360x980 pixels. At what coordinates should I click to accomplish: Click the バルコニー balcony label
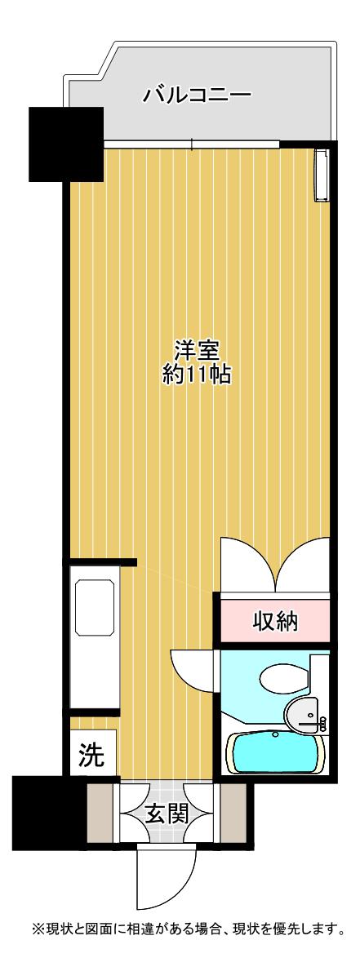pyautogui.click(x=198, y=95)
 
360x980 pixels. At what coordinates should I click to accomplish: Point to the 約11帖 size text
pyautogui.click(x=197, y=374)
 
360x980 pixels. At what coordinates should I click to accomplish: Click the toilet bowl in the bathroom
pyautogui.click(x=284, y=679)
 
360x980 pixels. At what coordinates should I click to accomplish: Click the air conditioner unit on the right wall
pyautogui.click(x=322, y=175)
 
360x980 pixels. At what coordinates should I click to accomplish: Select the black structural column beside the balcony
pyautogui.click(x=66, y=144)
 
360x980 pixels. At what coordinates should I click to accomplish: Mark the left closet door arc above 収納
pyautogui.click(x=247, y=564)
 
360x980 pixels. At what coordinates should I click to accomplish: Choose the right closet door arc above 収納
pyautogui.click(x=302, y=564)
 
